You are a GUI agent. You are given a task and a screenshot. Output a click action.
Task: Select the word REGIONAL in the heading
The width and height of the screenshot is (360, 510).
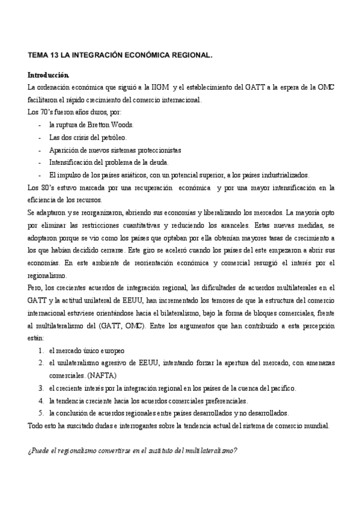tap(187, 54)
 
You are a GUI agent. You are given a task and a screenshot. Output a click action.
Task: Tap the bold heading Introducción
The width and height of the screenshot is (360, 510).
tap(49, 76)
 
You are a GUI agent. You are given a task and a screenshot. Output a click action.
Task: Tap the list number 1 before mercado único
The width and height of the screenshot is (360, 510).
tap(40, 351)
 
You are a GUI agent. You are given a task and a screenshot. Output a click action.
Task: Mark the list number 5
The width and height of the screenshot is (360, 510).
tap(40, 413)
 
